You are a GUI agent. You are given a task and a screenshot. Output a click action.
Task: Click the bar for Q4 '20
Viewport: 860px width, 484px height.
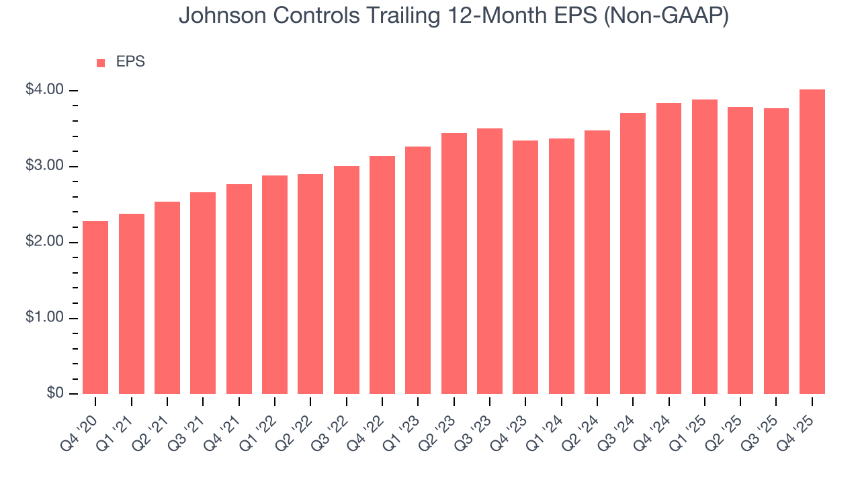(95, 307)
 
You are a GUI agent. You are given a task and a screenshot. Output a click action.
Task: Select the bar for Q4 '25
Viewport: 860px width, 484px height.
(812, 241)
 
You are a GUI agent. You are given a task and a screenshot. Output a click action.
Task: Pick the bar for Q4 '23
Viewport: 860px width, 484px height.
(525, 267)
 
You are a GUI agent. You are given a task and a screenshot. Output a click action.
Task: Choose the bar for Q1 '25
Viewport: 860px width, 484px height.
(704, 247)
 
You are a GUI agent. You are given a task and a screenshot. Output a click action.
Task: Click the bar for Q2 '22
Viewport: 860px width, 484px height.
(310, 284)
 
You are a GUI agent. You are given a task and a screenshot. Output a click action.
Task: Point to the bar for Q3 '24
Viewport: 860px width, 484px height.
(633, 253)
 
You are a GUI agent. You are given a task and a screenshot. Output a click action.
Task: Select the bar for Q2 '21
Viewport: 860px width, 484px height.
(167, 298)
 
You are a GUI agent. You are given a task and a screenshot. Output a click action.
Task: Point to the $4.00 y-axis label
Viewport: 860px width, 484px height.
(44, 90)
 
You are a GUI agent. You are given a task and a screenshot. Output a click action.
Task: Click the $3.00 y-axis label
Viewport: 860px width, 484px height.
(44, 166)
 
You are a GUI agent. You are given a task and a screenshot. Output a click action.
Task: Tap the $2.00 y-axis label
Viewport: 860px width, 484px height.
(44, 242)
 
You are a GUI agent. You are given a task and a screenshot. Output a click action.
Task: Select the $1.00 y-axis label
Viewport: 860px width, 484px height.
(44, 318)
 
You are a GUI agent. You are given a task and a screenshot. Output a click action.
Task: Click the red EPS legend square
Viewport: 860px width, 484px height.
(101, 63)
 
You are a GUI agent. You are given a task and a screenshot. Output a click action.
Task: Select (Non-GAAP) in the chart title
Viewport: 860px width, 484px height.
(667, 17)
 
